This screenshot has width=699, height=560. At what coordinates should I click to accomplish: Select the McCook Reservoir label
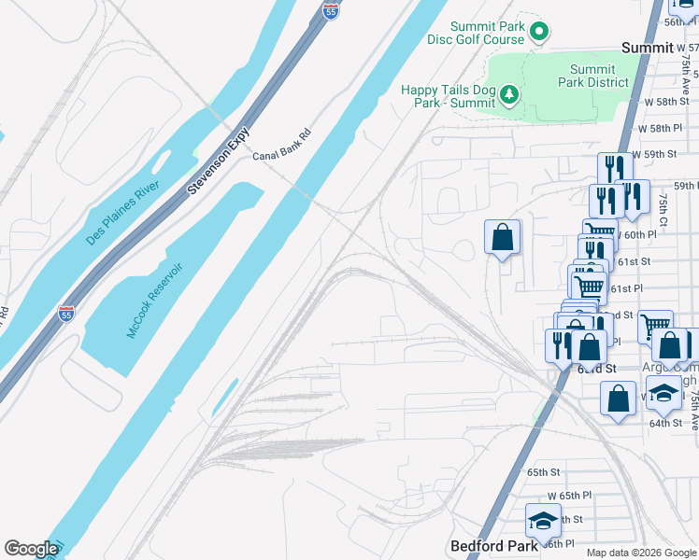pyautogui.click(x=154, y=301)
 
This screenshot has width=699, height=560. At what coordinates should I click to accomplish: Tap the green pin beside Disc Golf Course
pyautogui.click(x=539, y=33)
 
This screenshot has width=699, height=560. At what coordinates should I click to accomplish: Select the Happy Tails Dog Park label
pyautogui.click(x=448, y=96)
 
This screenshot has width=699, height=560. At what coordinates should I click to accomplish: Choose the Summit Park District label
pyautogui.click(x=592, y=76)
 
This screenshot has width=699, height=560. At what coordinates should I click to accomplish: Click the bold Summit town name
pyautogui.click(x=648, y=48)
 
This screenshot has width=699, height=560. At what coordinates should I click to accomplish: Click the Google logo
pyautogui.click(x=31, y=549)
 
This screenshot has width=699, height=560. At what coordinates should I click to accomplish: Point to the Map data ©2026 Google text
pyautogui.click(x=639, y=553)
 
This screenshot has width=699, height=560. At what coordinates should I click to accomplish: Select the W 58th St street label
pyautogui.click(x=666, y=101)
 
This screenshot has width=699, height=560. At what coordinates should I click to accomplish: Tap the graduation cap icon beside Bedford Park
pyautogui.click(x=543, y=519)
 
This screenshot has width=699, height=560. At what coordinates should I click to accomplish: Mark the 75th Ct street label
pyautogui.click(x=663, y=206)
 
